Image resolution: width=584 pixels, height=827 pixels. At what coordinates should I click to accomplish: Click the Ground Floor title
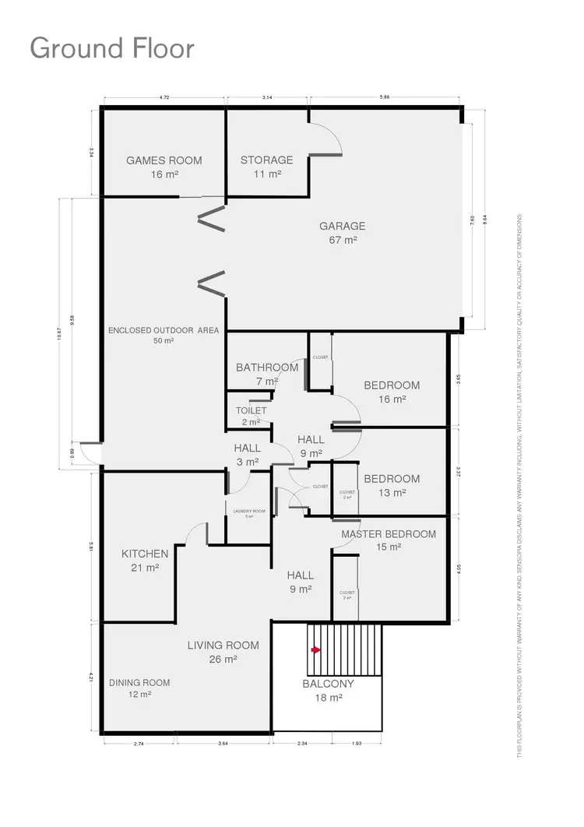coord(112,48)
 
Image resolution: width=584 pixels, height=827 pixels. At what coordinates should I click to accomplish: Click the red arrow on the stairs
coord(315,649)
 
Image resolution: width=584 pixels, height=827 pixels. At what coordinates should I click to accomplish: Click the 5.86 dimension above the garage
coord(385,98)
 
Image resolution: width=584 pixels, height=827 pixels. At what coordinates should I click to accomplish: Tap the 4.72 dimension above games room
coord(164,98)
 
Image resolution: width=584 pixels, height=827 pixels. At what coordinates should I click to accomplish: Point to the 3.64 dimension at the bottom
coord(223,744)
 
